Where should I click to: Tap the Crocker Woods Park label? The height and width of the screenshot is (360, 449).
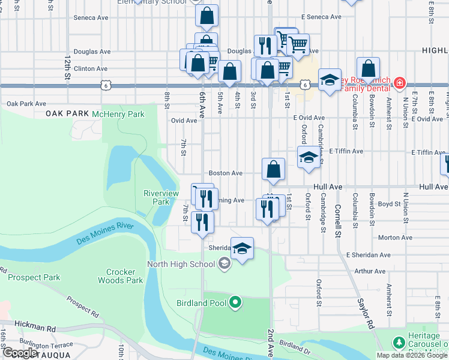pyautogui.click(x=121, y=276)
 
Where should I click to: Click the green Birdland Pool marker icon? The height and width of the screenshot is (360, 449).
pyautogui.click(x=235, y=303)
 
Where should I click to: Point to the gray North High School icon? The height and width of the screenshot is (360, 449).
pyautogui.click(x=223, y=263)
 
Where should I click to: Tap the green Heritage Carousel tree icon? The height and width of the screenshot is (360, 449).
pyautogui.click(x=398, y=342)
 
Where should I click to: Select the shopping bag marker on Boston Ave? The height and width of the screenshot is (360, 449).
pyautogui.click(x=273, y=170)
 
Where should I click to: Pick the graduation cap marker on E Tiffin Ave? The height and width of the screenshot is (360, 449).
pyautogui.click(x=309, y=157)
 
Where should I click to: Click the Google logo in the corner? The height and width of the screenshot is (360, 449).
pyautogui.click(x=20, y=353)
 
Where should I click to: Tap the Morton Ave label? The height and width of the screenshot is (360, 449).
pyautogui.click(x=395, y=238)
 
